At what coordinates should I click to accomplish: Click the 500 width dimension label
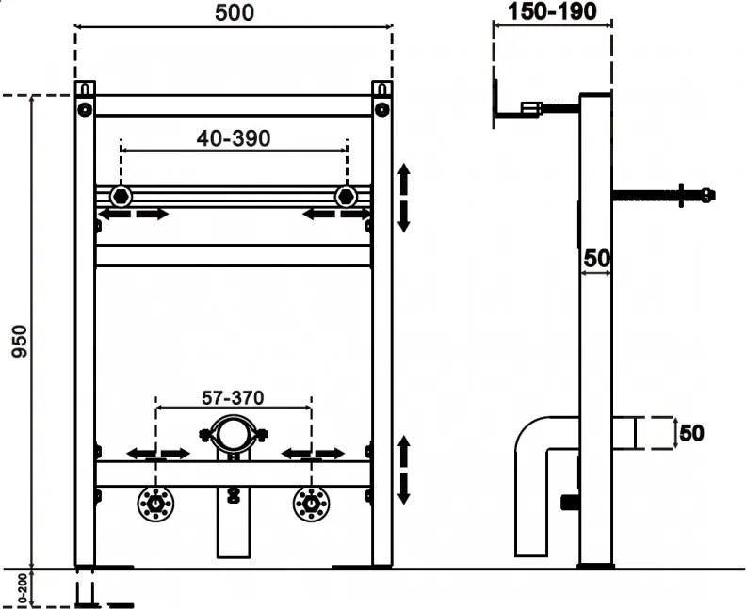click(x=235, y=13)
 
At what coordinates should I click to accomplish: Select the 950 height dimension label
click(x=21, y=341)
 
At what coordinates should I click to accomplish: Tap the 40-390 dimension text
click(x=234, y=138)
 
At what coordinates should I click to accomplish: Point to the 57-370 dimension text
click(x=233, y=398)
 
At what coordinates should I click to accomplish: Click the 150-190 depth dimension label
click(x=552, y=11)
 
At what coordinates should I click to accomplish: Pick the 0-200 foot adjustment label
click(x=22, y=588)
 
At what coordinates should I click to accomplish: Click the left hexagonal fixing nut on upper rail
click(x=121, y=197)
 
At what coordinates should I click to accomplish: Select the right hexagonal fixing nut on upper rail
click(x=346, y=197)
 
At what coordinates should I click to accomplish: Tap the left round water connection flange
click(x=155, y=504)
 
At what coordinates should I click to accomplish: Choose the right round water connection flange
click(x=311, y=504)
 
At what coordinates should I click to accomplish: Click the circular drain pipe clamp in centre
click(x=234, y=417)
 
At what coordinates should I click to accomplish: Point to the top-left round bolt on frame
click(x=85, y=109)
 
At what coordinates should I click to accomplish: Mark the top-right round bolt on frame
click(x=382, y=109)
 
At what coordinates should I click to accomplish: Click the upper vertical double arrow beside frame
click(x=404, y=198)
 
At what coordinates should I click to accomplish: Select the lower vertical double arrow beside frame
click(x=404, y=470)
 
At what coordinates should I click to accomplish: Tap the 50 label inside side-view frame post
click(x=596, y=259)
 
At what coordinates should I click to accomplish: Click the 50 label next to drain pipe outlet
click(x=691, y=433)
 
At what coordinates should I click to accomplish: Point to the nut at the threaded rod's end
click(x=708, y=195)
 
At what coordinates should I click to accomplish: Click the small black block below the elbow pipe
click(x=570, y=503)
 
